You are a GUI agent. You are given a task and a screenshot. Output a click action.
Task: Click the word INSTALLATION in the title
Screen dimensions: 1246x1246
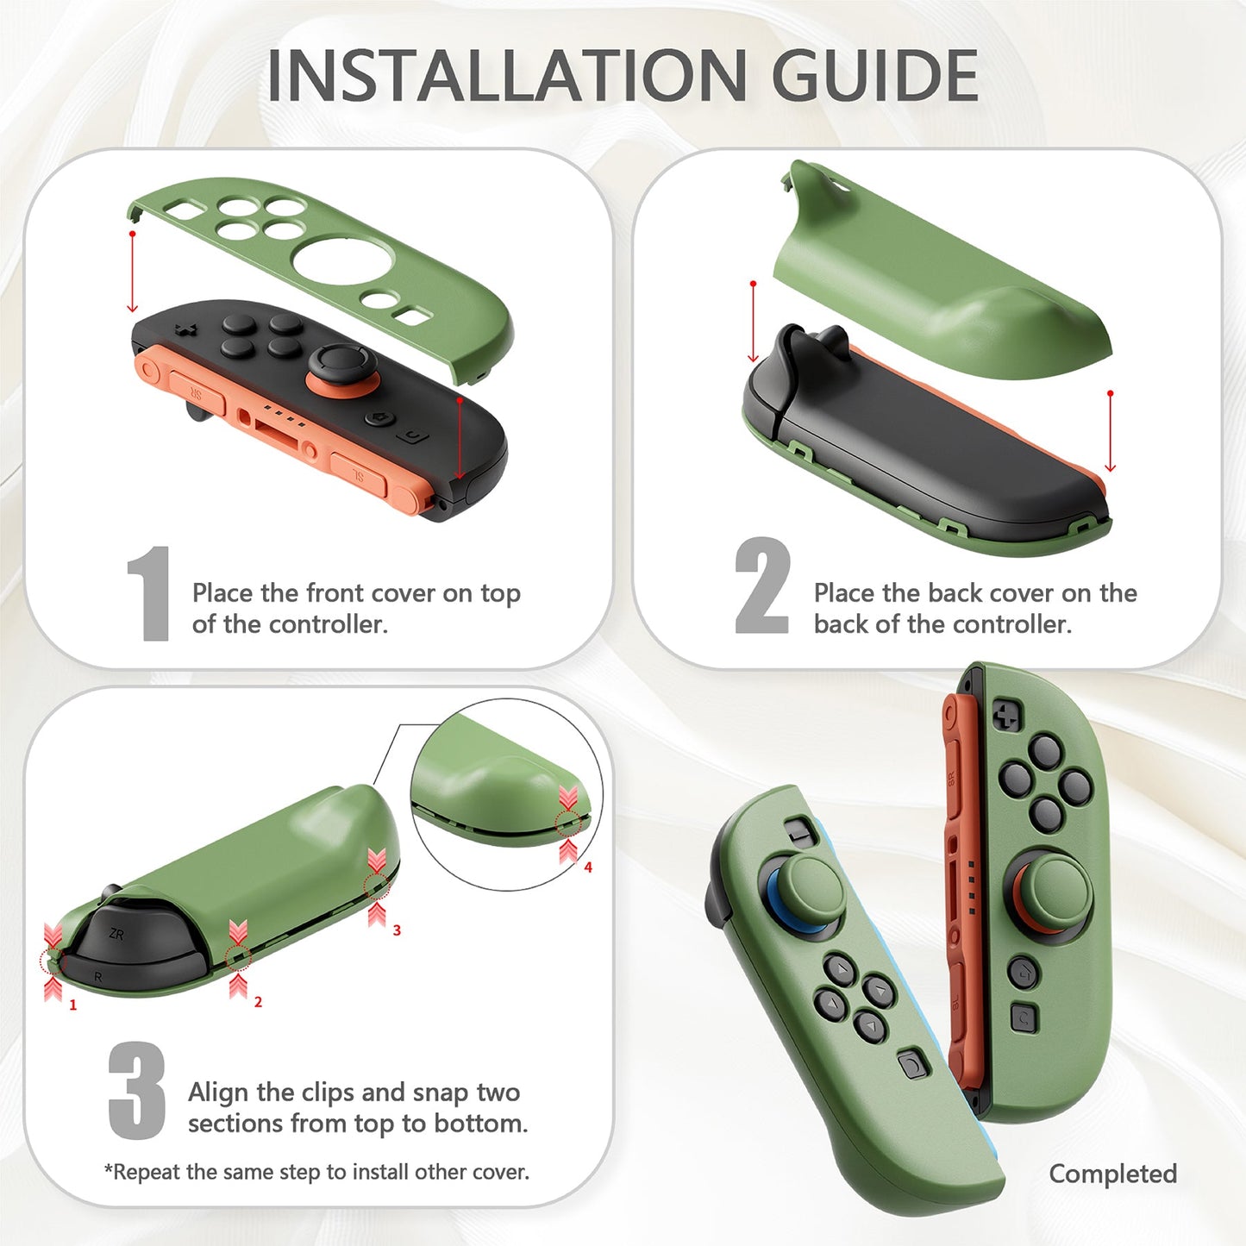click(507, 76)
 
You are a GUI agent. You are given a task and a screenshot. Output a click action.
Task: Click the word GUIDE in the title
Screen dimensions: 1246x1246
click(873, 76)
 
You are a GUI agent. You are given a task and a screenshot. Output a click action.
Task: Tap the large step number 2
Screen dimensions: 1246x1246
click(761, 586)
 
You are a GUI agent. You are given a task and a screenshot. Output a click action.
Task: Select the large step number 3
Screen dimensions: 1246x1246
click(137, 1090)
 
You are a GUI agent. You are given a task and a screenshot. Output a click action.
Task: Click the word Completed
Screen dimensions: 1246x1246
click(1112, 1174)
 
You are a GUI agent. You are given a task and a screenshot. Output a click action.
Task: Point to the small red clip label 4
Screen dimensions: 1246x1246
click(588, 867)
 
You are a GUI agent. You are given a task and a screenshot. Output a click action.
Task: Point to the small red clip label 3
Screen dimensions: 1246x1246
click(397, 930)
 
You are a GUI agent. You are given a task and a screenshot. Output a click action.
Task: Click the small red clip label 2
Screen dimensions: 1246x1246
click(258, 1002)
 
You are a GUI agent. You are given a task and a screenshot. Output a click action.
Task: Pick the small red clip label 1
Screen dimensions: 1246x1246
click(73, 1005)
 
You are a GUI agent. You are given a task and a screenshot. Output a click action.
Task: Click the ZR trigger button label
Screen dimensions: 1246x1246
click(116, 935)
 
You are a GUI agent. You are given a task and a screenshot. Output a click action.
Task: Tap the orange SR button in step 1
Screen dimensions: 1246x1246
click(196, 392)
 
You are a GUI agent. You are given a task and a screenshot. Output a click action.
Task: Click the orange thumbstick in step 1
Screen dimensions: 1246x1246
click(342, 371)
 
